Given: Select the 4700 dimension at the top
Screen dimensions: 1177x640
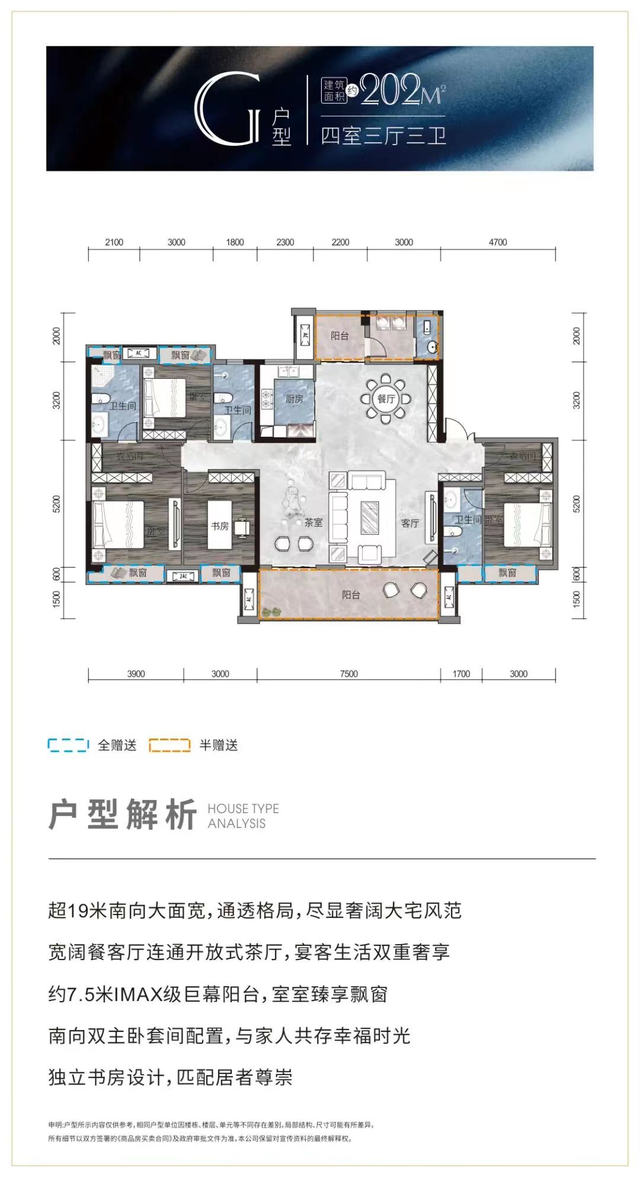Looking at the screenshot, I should pos(497,242).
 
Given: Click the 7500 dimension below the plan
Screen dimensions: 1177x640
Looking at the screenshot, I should pos(348,674).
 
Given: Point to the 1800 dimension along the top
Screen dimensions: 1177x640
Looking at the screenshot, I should pos(235,242).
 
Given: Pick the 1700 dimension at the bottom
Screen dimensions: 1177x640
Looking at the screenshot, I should pos(460,674).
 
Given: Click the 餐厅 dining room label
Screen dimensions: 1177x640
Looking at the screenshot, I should pos(386,399).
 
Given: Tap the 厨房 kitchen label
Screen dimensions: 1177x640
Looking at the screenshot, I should pos(294,399).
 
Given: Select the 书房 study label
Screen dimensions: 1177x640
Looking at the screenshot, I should pos(220,526).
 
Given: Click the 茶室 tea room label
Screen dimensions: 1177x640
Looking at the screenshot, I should pos(313,523).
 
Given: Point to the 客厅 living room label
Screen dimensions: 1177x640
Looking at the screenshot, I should pos(409,523).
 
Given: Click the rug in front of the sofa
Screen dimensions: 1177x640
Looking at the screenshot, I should pos(370,517).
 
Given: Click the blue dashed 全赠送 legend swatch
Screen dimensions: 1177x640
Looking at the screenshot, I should pos(68,745).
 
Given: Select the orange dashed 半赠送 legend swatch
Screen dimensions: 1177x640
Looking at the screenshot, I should pos(169,745).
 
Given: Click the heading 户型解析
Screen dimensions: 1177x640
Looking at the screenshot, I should pos(123,815).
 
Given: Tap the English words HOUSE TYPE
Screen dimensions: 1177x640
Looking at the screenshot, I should pos(243,808).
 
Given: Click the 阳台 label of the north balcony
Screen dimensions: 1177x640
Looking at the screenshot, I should pos(340,335).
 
